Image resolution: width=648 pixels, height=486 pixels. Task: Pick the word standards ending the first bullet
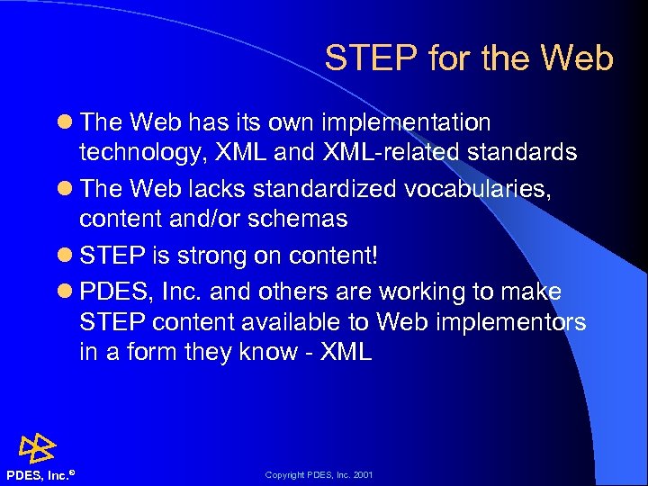coord(526,152)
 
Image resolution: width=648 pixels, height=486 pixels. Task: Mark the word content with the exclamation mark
coord(333,256)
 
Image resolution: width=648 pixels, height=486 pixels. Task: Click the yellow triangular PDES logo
coord(38,446)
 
